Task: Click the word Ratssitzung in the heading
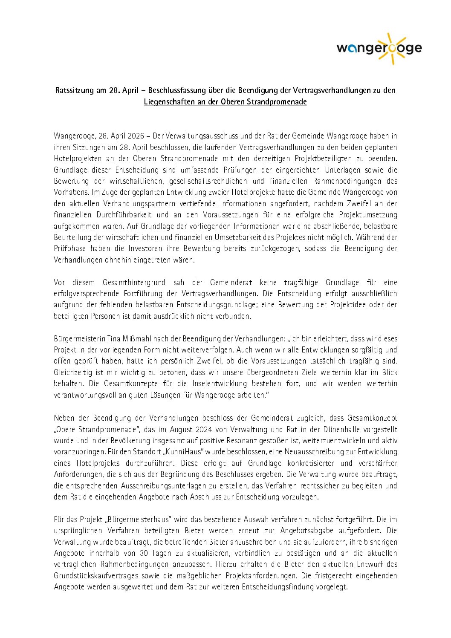click(x=75, y=90)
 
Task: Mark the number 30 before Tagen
click(x=144, y=553)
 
